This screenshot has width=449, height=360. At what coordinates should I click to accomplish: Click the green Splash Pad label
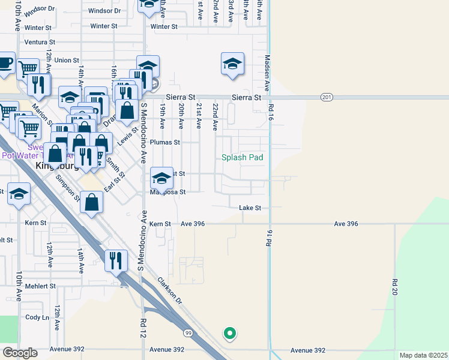click(x=243, y=158)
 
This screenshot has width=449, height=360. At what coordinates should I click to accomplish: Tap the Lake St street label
click(x=250, y=208)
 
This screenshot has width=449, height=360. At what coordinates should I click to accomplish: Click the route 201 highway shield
click(x=327, y=97)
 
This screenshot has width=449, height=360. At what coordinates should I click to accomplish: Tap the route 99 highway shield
click(x=188, y=332)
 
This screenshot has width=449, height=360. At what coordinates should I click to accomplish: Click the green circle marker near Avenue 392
click(x=229, y=333)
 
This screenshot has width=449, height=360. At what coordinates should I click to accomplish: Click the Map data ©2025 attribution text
click(x=423, y=355)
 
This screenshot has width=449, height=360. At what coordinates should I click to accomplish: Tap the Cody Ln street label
click(x=37, y=317)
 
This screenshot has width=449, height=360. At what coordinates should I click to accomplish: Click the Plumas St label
click(x=165, y=142)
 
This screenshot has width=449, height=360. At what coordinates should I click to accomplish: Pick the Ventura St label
click(x=40, y=43)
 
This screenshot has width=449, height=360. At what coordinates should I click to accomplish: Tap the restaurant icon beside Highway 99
click(x=115, y=260)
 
